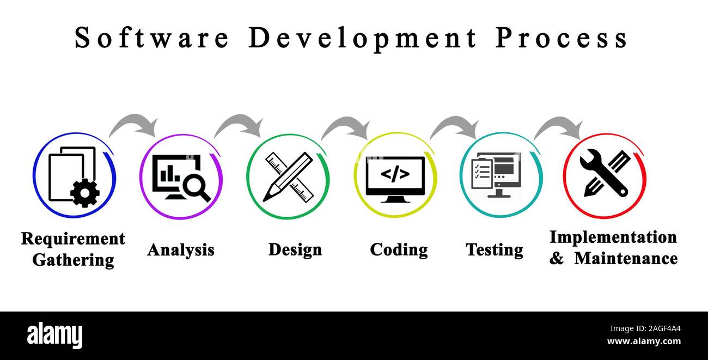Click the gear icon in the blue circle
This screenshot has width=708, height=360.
[x=85, y=192]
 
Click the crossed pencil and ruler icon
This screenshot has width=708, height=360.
[x=289, y=176]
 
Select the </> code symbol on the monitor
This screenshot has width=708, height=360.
[x=395, y=174]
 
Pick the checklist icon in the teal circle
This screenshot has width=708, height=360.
[x=481, y=174]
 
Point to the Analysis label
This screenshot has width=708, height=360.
[x=181, y=250]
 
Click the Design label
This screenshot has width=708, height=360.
[x=295, y=249]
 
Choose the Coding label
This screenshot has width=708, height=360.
[x=399, y=249]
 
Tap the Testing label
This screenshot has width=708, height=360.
[x=495, y=249]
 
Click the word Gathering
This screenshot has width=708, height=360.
[x=73, y=260]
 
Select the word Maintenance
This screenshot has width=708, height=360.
[x=626, y=258]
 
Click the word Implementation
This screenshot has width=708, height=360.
[x=613, y=237]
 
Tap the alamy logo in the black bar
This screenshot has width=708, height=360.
[x=55, y=335]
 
